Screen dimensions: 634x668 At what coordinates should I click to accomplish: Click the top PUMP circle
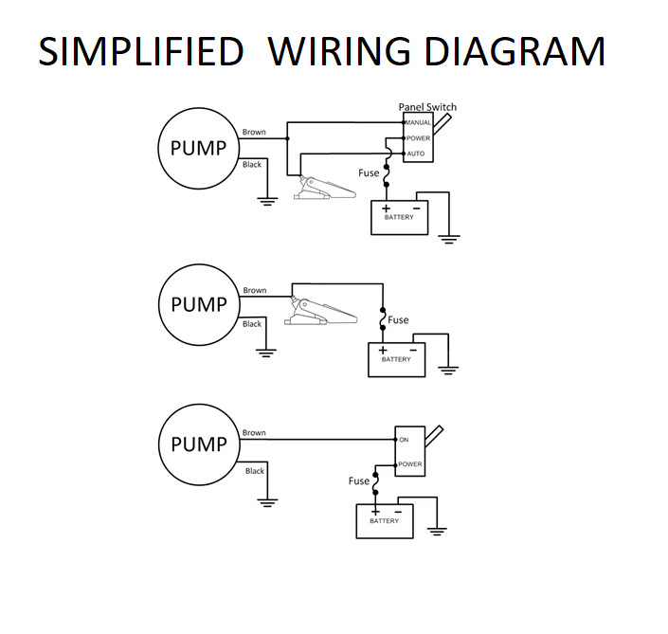click(x=198, y=148)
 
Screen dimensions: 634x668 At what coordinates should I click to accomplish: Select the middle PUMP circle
click(x=198, y=305)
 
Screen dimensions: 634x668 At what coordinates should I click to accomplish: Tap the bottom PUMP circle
click(x=198, y=444)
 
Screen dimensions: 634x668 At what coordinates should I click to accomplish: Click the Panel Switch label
click(x=426, y=107)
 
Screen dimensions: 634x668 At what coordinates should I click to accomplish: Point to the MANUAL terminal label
click(x=418, y=123)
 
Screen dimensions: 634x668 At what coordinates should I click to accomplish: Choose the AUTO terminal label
click(x=417, y=153)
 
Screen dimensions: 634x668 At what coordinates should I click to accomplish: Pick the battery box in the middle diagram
click(x=396, y=359)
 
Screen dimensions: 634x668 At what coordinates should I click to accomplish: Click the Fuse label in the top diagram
click(x=369, y=173)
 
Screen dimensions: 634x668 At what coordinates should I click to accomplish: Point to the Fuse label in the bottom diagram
click(x=359, y=480)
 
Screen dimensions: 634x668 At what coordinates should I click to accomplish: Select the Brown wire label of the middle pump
click(x=255, y=291)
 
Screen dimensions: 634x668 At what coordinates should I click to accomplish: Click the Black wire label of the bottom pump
click(x=255, y=471)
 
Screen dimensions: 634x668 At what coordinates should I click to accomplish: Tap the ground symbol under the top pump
click(x=268, y=199)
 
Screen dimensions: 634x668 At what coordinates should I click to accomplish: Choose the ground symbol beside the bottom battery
click(x=436, y=531)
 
